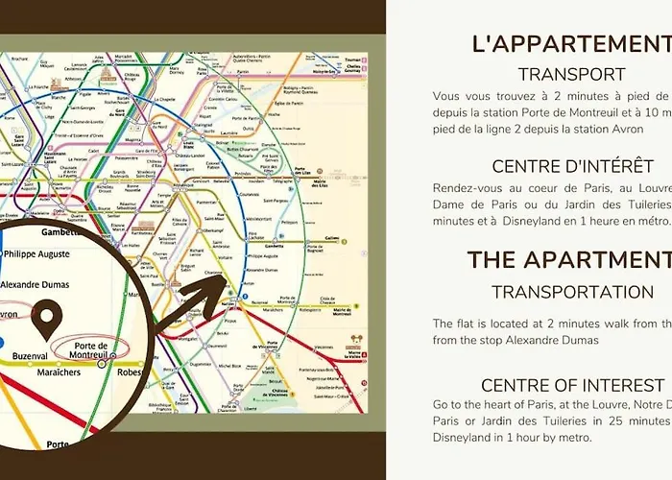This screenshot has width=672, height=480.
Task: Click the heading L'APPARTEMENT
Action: point(570,43)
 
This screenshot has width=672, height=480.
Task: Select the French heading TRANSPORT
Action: point(571,74)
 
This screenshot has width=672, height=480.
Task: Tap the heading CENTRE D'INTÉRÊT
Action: point(572,167)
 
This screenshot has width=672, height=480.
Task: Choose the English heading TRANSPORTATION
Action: point(572,292)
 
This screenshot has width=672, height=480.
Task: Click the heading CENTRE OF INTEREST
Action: point(571,386)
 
